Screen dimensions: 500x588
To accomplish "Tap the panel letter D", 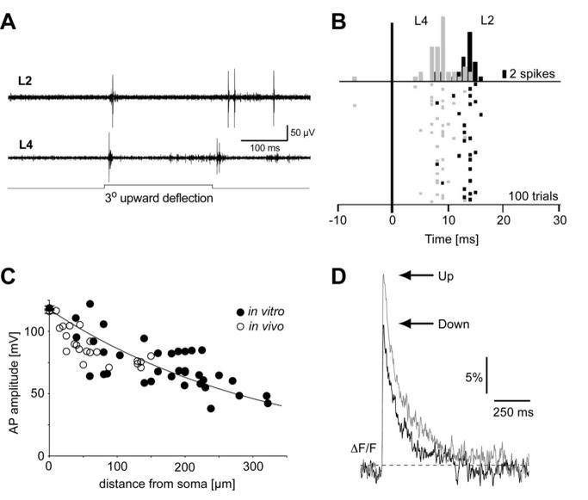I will coord(340,277).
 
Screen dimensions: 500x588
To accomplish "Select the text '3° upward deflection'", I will coord(158,198).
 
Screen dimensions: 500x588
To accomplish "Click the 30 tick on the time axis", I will coord(560,219).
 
